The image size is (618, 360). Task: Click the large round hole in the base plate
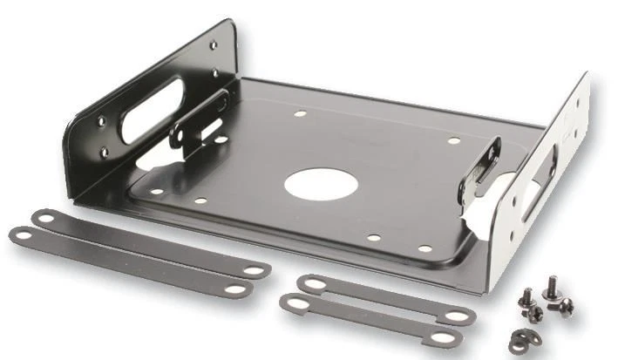(321, 184)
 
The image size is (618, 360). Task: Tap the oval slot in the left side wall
(152, 112)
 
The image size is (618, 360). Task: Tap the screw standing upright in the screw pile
(552, 287)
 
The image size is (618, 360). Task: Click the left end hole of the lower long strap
(22, 234)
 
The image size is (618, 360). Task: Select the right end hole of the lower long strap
(236, 288)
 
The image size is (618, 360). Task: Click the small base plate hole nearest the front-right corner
(424, 249)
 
